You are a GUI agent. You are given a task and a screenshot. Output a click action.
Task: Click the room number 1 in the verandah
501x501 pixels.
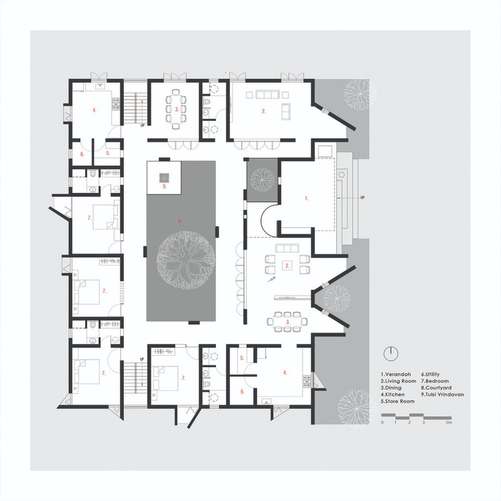coord(306,199)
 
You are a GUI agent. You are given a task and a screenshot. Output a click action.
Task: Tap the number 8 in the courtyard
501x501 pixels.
coord(179,221)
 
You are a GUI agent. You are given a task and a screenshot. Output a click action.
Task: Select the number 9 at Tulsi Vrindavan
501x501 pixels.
coord(165,187)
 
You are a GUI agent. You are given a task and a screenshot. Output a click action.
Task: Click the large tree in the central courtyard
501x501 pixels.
coord(185,260)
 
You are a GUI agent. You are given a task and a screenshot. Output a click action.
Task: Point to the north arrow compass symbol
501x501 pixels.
coord(390,353)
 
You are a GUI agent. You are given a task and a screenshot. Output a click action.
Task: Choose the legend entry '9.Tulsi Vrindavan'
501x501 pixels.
coord(443,395)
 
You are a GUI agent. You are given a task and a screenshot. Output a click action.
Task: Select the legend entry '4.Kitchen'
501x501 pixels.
coord(393,395)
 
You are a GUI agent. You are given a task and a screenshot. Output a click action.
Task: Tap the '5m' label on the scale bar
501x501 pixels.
coord(449,422)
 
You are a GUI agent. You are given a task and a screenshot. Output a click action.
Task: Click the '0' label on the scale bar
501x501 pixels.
coord(383,422)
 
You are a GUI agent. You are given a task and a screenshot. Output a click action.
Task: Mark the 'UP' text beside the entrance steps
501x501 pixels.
coord(363,197)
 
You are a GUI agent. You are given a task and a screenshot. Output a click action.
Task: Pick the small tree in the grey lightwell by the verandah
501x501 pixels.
coord(262,180)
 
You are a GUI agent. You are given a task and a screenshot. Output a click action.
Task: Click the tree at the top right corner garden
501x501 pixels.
coord(359,95)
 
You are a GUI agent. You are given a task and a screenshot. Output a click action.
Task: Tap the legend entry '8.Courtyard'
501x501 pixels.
coord(436,388)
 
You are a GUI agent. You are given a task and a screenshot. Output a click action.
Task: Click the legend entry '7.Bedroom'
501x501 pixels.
coord(435,381)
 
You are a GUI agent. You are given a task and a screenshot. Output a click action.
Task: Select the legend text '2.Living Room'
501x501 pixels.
coord(398,381)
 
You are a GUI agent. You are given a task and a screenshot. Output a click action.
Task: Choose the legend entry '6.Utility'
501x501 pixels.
coord(430,374)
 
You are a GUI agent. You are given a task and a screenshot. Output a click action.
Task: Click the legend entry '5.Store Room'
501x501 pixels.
coord(398,401)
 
